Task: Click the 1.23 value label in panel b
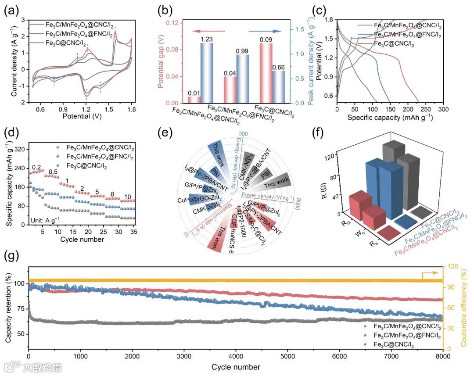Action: (206, 39)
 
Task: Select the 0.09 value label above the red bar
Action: (266, 39)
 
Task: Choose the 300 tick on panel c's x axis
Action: (443, 109)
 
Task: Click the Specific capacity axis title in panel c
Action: (390, 118)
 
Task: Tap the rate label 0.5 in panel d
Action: (54, 172)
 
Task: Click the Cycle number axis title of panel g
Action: (236, 366)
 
